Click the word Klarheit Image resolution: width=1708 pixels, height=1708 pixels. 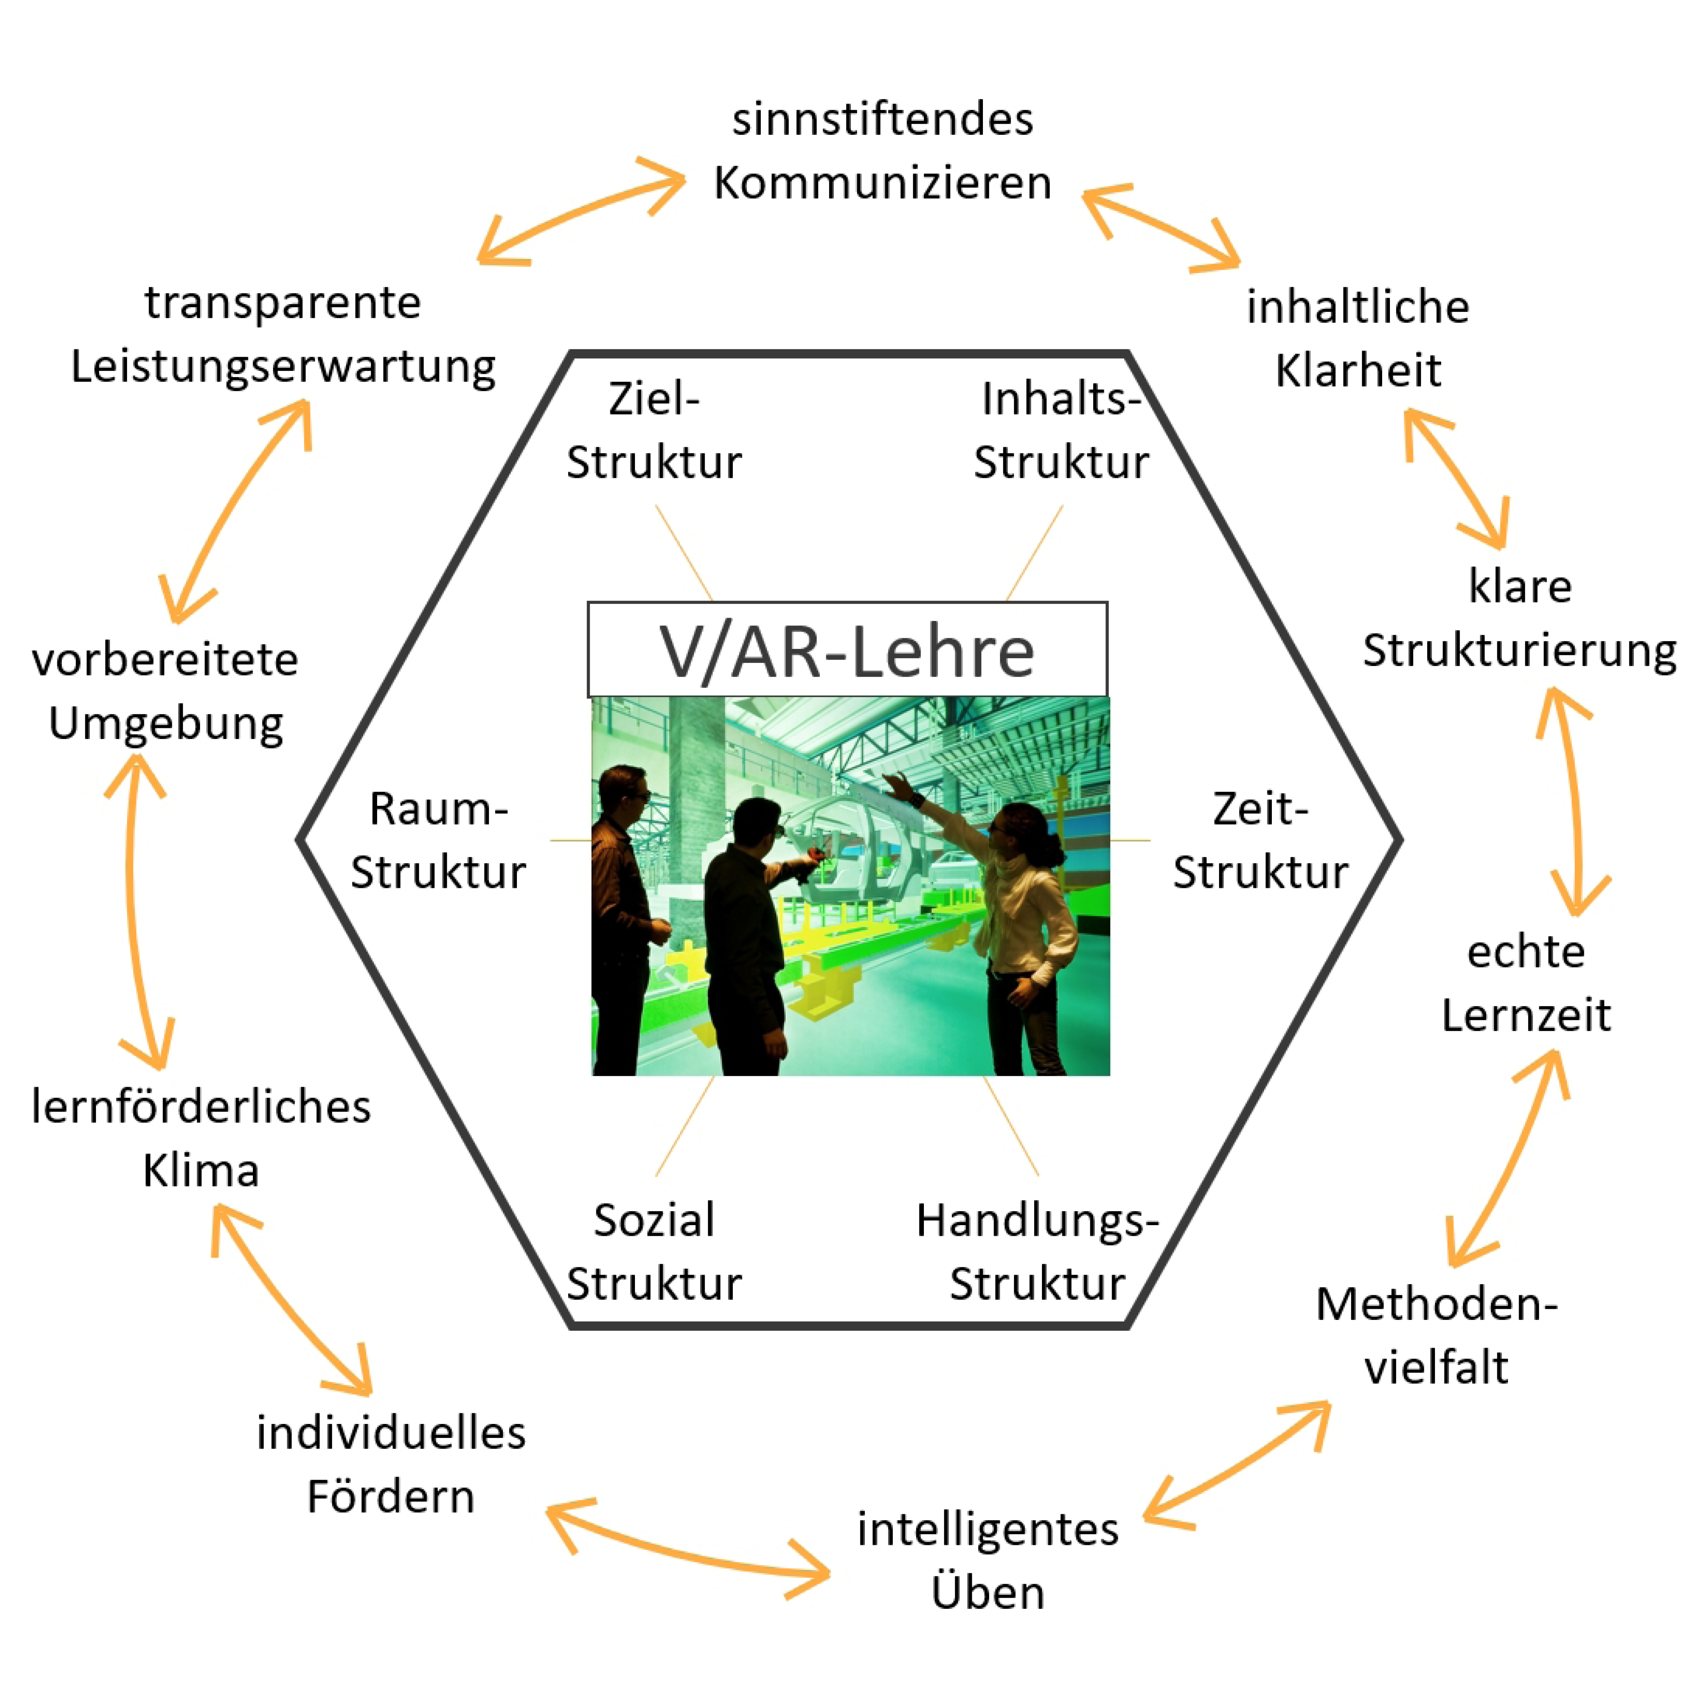pyautogui.click(x=1358, y=371)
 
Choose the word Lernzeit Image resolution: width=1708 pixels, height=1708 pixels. pyautogui.click(x=1526, y=1015)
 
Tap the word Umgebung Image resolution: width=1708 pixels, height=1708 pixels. pyautogui.click(x=166, y=723)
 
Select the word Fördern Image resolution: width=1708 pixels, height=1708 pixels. pyautogui.click(x=391, y=1496)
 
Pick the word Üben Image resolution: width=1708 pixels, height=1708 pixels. pyautogui.click(x=987, y=1591)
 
